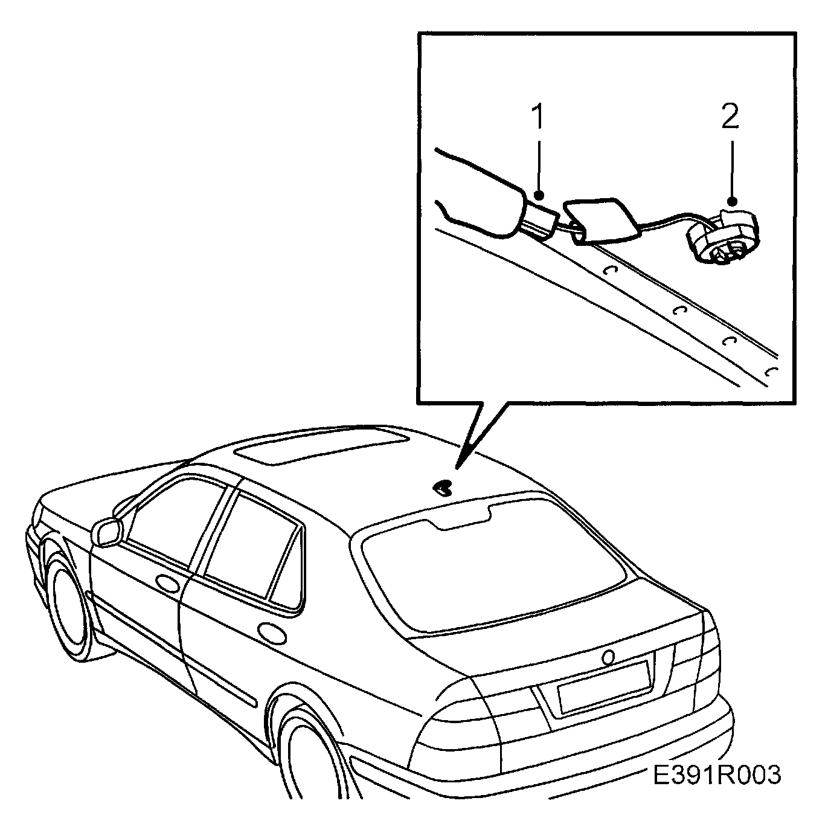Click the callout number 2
[730, 117]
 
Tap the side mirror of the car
[107, 532]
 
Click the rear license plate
[603, 686]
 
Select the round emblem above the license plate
[608, 656]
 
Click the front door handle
[167, 583]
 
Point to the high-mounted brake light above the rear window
[462, 518]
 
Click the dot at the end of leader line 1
[539, 195]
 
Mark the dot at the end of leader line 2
[731, 200]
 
